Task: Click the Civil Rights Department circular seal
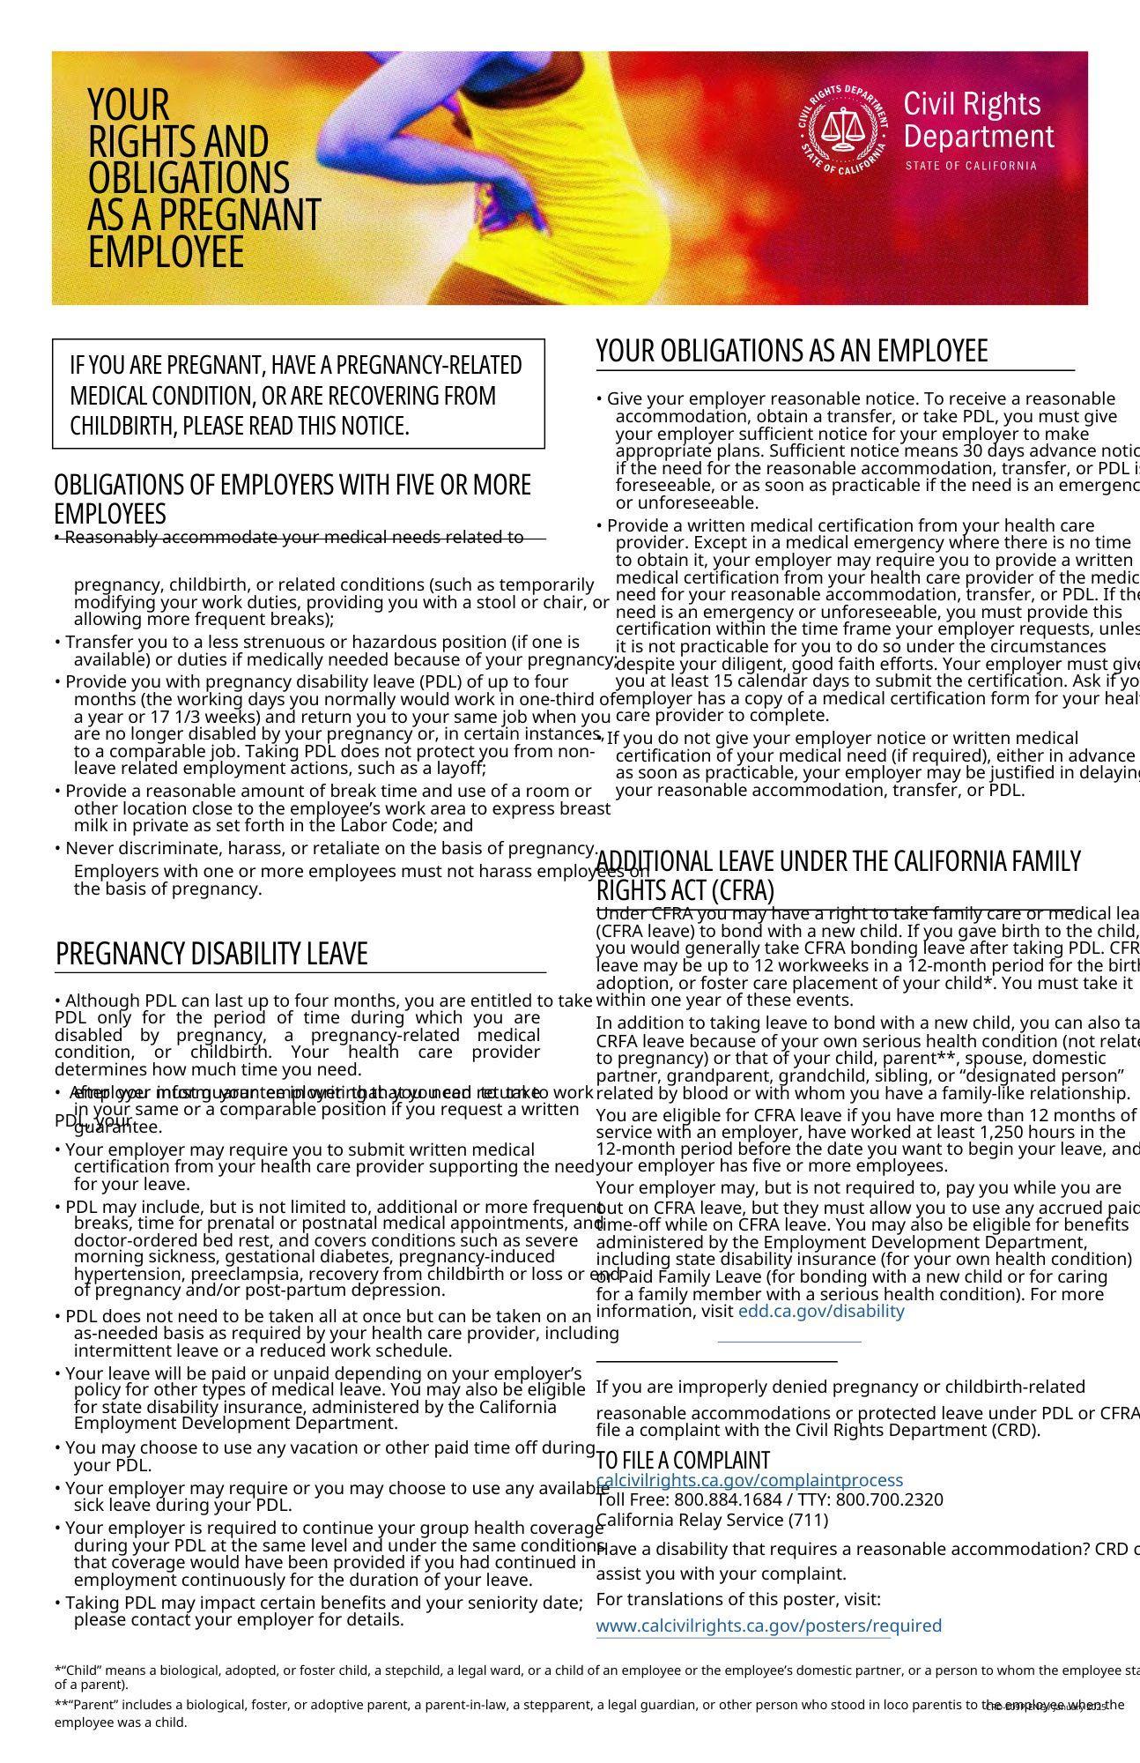pos(844,130)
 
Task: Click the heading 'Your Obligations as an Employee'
pos(791,351)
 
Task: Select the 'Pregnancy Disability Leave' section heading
pos(211,954)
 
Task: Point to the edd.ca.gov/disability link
pos(821,1311)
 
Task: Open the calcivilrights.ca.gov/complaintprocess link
pos(749,1480)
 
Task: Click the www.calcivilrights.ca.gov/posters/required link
pos(768,1625)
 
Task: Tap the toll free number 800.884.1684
pos(726,1499)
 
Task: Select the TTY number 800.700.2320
pos(889,1499)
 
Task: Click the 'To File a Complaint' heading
pos(683,1460)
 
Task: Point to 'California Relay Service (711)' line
pos(712,1520)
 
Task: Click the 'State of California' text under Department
pos(971,166)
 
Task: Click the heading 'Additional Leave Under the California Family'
pos(838,861)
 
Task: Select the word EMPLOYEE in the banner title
pos(166,253)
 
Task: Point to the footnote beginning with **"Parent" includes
pos(529,1705)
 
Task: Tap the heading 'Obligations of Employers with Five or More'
pos(292,486)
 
